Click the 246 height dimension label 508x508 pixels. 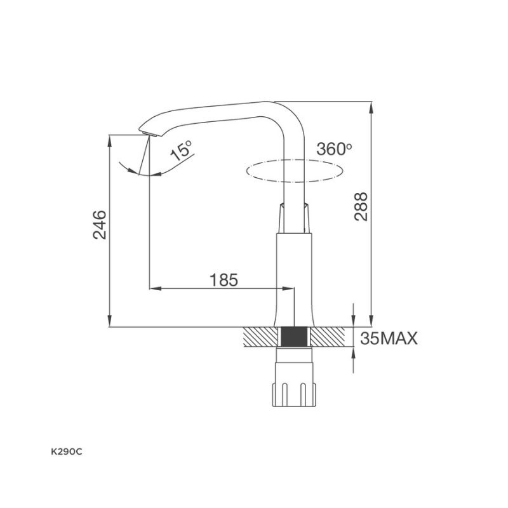pyautogui.click(x=100, y=225)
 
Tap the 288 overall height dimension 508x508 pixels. pyautogui.click(x=361, y=207)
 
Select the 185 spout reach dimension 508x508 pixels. pyautogui.click(x=224, y=280)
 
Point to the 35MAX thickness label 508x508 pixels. pyautogui.click(x=389, y=338)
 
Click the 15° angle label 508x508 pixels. pyautogui.click(x=181, y=150)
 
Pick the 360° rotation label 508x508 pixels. pyautogui.click(x=334, y=149)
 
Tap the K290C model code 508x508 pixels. pyautogui.click(x=67, y=452)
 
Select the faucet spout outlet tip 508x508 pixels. pyautogui.click(x=149, y=134)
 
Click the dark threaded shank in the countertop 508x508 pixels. pyautogui.click(x=294, y=337)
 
